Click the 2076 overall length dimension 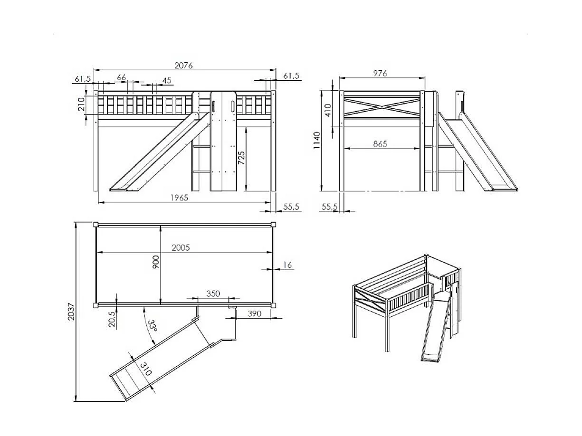pos(183,66)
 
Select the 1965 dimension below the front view pos(179,198)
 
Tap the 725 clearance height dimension pos(241,158)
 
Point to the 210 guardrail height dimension pos(81,104)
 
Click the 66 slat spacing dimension pos(122,77)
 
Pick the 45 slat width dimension pos(166,80)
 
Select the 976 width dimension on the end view pos(380,73)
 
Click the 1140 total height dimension pos(317,140)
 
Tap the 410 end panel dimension pos(328,110)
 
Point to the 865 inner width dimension pos(380,143)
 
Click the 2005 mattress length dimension pos(181,247)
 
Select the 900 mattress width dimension pos(156,262)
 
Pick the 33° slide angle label pos(153,325)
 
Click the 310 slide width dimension pos(145,369)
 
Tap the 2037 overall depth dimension pos(71,312)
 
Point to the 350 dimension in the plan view pos(213,294)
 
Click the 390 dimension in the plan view pos(255,313)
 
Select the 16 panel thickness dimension pos(287,265)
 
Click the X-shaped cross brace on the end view pos(382,107)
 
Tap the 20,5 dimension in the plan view pos(112,319)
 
